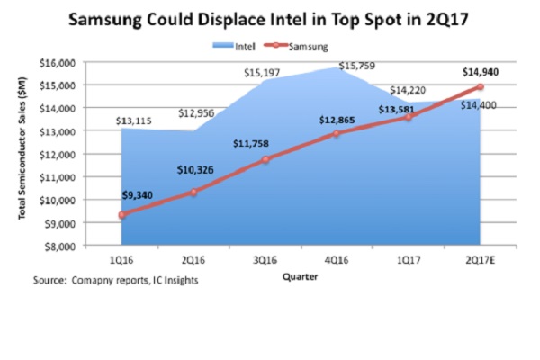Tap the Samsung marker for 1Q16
coord(121,214)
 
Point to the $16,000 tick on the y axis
coord(62,62)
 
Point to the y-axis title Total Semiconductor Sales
coord(21,153)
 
